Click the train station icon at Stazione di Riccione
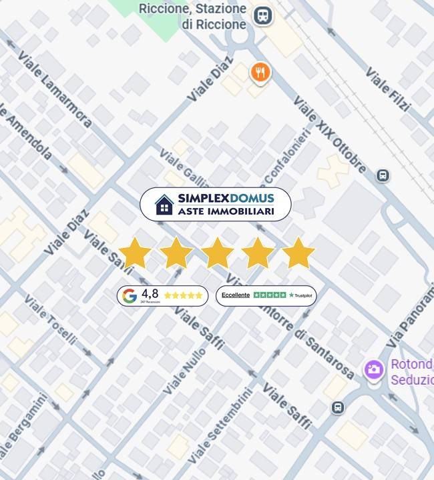[x=263, y=15]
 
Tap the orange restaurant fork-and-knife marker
[x=260, y=73]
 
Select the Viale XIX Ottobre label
[x=329, y=134]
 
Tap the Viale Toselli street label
[x=51, y=320]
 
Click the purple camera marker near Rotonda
[x=374, y=369]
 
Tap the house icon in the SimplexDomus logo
[x=164, y=205]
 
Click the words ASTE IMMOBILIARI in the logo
[x=226, y=211]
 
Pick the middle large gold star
[x=217, y=253]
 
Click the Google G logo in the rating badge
[x=130, y=295]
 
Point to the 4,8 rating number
[x=150, y=293]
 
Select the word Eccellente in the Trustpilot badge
[x=236, y=295]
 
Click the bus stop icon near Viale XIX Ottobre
[x=383, y=175]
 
